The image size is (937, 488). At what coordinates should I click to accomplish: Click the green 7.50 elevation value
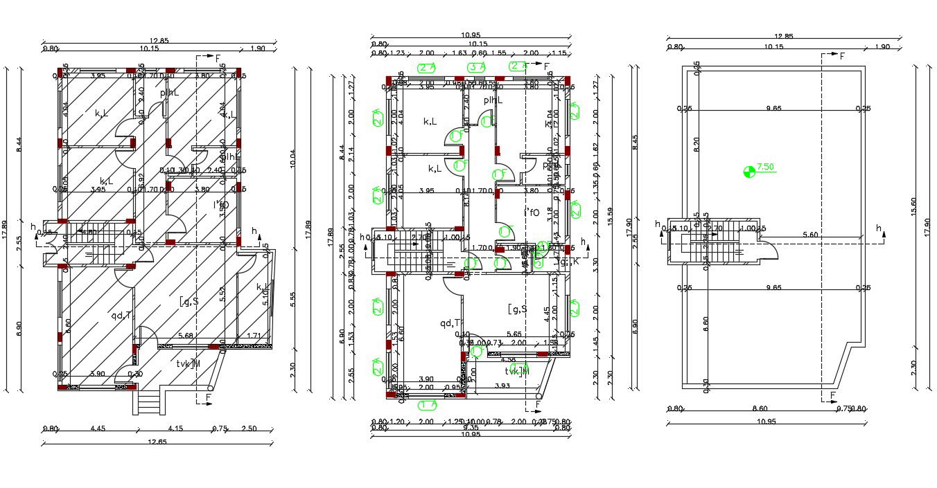(765, 167)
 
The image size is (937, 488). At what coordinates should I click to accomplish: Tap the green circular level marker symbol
(748, 172)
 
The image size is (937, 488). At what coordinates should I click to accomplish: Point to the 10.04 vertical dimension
(293, 159)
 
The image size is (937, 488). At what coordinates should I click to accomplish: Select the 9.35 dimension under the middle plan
(469, 428)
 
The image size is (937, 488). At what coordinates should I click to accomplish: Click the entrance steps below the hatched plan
(146, 401)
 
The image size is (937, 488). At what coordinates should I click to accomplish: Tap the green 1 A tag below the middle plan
(428, 405)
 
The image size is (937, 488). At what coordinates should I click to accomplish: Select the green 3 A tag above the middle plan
(476, 67)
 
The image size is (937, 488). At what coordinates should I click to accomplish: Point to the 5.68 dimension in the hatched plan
(186, 336)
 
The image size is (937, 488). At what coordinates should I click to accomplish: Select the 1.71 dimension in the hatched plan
(255, 336)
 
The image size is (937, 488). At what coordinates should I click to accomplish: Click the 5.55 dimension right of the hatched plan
(293, 299)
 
